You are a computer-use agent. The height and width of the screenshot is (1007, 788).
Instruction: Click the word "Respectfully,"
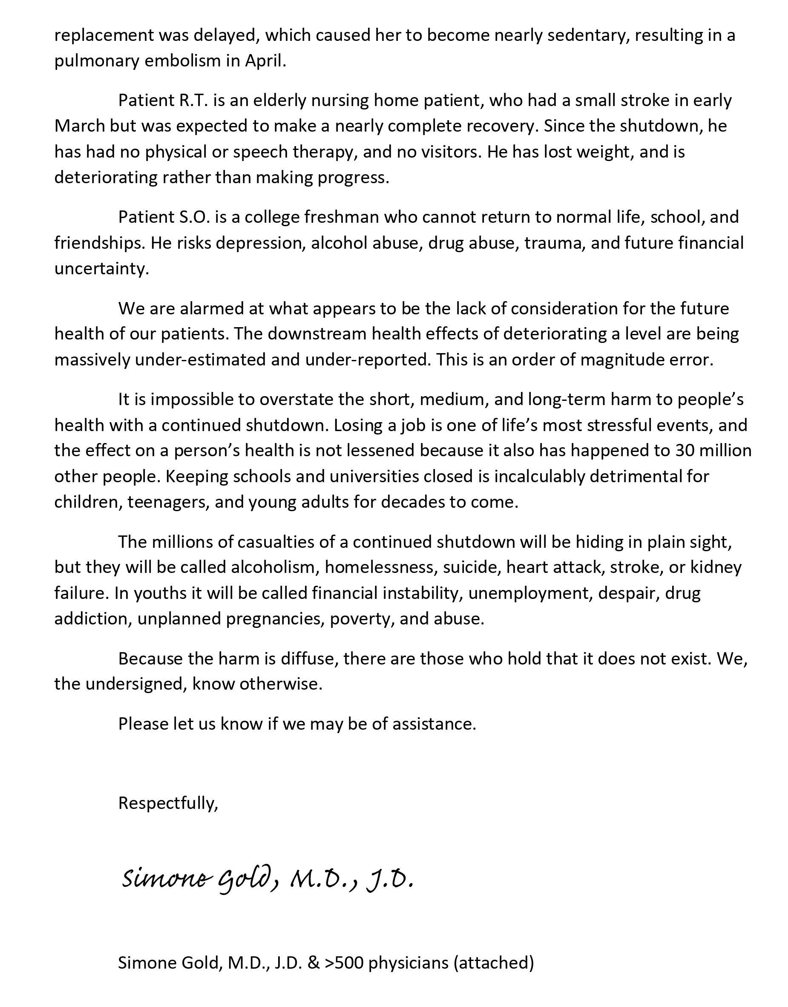click(168, 803)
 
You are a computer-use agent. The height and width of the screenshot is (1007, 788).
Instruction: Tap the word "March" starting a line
click(79, 126)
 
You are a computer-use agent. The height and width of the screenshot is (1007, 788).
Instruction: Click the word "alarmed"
click(211, 308)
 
